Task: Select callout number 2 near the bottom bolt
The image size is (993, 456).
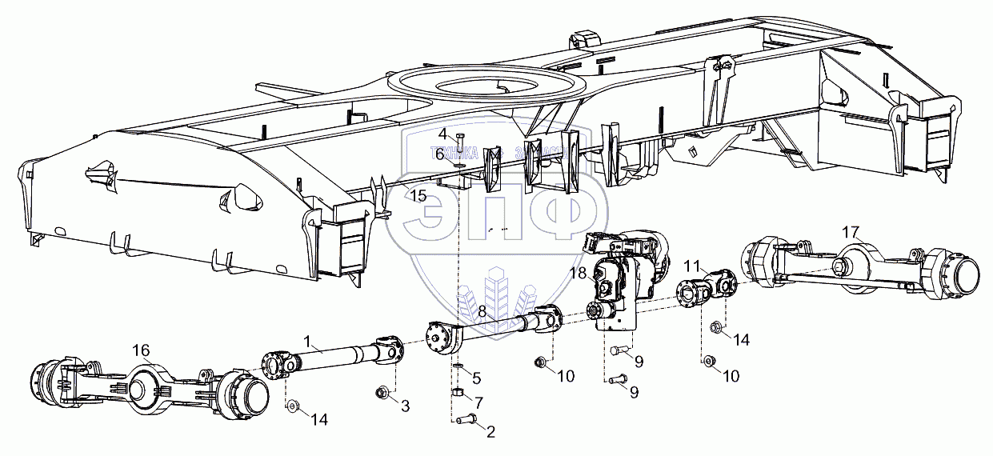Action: pos(490,432)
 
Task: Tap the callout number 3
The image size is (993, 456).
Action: pos(405,406)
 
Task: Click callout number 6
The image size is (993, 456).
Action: pos(439,154)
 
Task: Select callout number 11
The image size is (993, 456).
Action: pos(692,265)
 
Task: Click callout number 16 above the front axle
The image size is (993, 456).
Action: pos(141,350)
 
